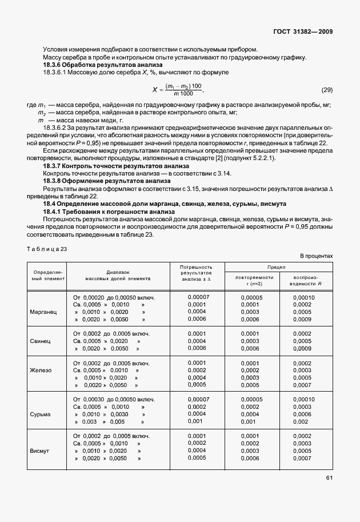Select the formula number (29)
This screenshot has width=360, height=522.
[327, 90]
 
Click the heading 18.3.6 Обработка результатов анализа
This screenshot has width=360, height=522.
[87, 65]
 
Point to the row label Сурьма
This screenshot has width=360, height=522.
[41, 414]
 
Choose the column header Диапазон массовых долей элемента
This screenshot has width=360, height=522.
[118, 276]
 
